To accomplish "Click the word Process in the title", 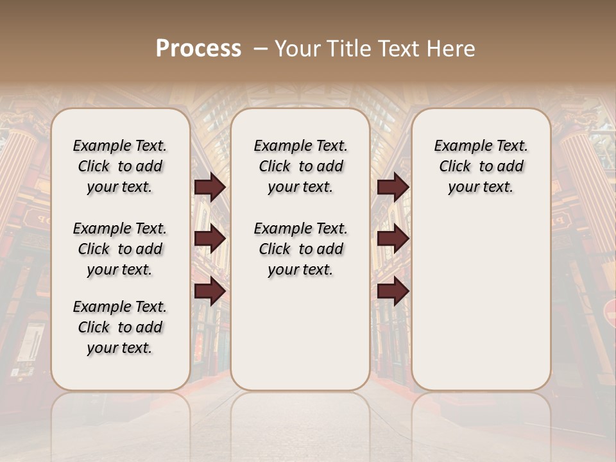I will [x=198, y=49].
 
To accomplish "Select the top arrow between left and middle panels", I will [x=210, y=187].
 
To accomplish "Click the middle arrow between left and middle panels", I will [x=210, y=239].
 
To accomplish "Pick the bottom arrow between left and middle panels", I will [x=210, y=291].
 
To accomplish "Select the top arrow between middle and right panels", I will [x=393, y=187].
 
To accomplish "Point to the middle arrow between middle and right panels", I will [x=393, y=239].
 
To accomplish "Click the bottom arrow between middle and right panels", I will [x=393, y=291].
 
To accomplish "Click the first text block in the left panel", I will [x=120, y=166].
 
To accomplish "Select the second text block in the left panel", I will [x=120, y=249].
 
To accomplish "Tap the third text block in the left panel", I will [x=120, y=327].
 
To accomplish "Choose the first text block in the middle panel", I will [x=300, y=166].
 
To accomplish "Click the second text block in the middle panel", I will [x=300, y=249].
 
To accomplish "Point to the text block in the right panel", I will [x=481, y=166].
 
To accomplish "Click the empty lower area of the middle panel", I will [x=300, y=334].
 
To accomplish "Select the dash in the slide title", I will [x=261, y=49].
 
